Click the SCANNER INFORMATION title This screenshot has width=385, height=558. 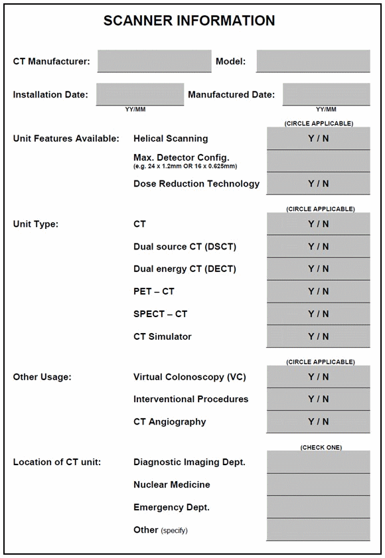click(189, 21)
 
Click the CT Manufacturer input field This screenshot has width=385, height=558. click(154, 61)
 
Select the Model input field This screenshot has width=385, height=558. click(313, 61)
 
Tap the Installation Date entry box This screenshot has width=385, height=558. click(139, 94)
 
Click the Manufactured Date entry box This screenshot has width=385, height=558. click(326, 94)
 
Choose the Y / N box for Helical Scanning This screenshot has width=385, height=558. click(318, 139)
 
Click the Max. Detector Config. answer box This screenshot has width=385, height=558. click(318, 161)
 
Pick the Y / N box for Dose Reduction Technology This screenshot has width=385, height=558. click(318, 183)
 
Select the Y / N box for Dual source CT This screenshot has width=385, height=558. click(318, 246)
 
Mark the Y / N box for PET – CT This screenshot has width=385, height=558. click(318, 291)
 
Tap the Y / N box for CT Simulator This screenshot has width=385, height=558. click(318, 336)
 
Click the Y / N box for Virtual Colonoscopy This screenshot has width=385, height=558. click(318, 377)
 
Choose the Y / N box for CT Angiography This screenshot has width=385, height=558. click(318, 421)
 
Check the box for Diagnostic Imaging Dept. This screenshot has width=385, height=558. click(318, 462)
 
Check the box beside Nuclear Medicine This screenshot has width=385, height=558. click(318, 484)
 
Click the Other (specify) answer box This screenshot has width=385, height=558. click(318, 529)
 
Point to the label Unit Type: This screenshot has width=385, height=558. click(36, 224)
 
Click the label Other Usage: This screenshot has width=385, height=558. click(42, 377)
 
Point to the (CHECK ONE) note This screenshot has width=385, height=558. click(321, 447)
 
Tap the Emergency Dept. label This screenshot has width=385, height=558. click(171, 507)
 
